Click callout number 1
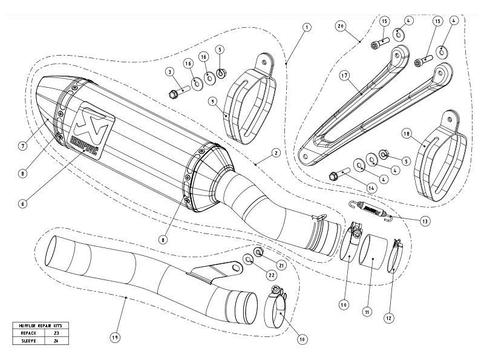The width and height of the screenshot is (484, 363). click(x=307, y=27)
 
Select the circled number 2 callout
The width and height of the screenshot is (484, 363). click(x=275, y=153)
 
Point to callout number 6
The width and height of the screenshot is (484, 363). click(x=22, y=204)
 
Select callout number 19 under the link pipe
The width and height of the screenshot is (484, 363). click(x=114, y=336)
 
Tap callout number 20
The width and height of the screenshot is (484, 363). click(x=341, y=27)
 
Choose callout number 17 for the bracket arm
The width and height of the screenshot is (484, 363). click(x=344, y=76)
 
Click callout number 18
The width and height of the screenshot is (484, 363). click(x=405, y=133)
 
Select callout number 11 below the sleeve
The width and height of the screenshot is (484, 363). click(x=366, y=312)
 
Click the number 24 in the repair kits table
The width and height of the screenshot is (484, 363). click(x=57, y=340)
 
